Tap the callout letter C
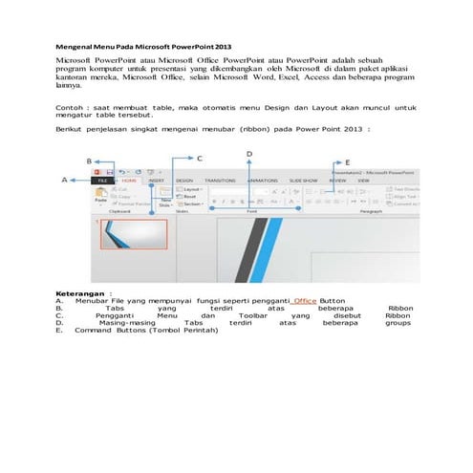coord(199,156)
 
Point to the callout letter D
coord(249,153)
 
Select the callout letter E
coord(347,162)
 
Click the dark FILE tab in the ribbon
coord(102,180)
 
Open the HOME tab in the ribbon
coord(129,180)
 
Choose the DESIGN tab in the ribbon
coord(184,180)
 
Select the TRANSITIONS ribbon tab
coord(220,180)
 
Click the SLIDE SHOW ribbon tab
coord(303,180)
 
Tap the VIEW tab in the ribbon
coord(363,180)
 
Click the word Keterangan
coord(80,294)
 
